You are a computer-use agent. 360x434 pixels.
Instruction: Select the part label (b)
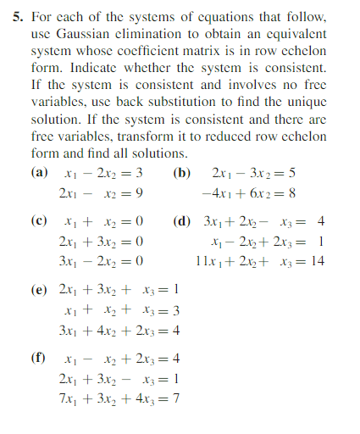(181, 172)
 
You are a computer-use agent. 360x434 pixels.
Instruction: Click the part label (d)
(181, 221)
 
